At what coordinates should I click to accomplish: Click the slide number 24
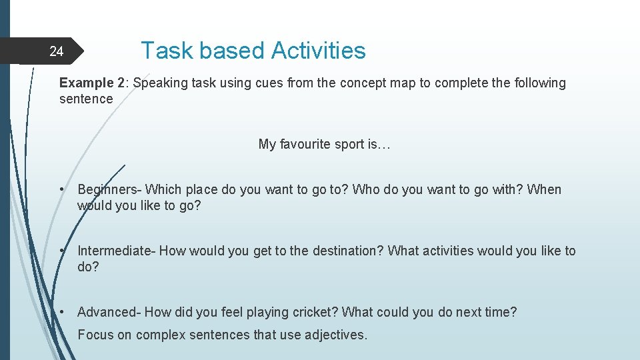click(57, 51)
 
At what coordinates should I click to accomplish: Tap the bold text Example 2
click(92, 83)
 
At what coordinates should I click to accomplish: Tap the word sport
click(351, 145)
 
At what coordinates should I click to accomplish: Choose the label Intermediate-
click(117, 251)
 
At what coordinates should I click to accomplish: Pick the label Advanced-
click(109, 313)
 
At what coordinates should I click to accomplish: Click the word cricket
click(317, 313)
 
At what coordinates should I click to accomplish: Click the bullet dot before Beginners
click(61, 190)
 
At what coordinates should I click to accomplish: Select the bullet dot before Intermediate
click(61, 251)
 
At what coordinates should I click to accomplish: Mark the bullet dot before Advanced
click(61, 313)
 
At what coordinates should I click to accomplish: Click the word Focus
click(95, 335)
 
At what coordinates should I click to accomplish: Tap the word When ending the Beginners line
click(544, 190)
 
